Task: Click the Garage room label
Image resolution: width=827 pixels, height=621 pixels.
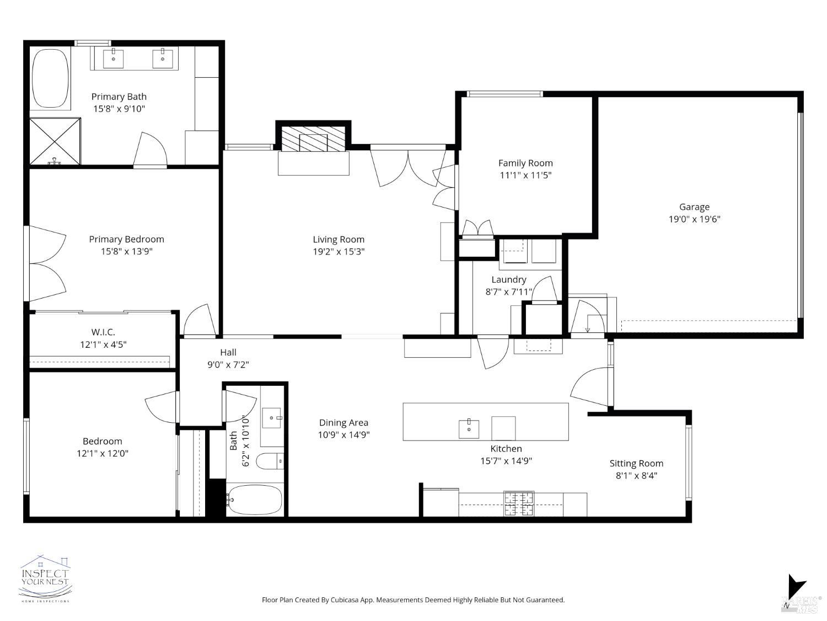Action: pyautogui.click(x=694, y=207)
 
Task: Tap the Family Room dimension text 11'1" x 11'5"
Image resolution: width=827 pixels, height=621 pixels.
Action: pyautogui.click(x=525, y=176)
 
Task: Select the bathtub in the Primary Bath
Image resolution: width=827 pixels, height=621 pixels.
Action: pyautogui.click(x=50, y=79)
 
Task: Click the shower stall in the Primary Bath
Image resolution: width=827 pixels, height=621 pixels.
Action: pyautogui.click(x=55, y=141)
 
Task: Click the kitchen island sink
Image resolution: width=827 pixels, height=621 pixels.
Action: pyautogui.click(x=469, y=428)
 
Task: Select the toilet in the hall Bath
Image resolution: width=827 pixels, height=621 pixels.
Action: pyautogui.click(x=270, y=460)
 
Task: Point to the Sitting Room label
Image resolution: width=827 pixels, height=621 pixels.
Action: pyautogui.click(x=636, y=464)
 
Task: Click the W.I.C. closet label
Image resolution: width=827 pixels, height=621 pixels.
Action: pyautogui.click(x=103, y=332)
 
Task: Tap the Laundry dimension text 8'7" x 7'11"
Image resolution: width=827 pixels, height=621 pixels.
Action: pyautogui.click(x=508, y=292)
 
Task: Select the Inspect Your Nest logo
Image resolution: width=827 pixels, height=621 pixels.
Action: pyautogui.click(x=45, y=578)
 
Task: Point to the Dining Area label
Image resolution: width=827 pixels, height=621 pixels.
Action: pyautogui.click(x=343, y=423)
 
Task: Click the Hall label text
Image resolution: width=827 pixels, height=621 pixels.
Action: pyautogui.click(x=228, y=352)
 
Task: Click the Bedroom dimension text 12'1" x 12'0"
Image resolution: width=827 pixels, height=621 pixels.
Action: pyautogui.click(x=103, y=453)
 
